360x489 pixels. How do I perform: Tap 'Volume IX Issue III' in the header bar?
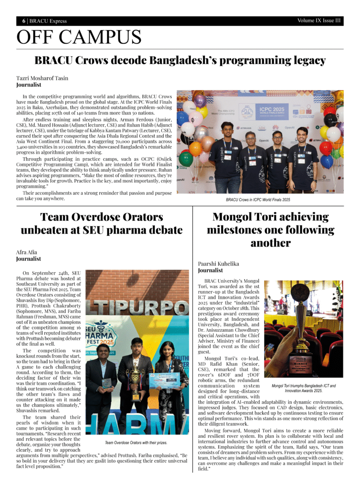coord(318,21)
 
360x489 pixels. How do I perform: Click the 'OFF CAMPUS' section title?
coord(79,37)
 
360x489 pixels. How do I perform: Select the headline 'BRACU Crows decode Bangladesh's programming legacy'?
coord(180,61)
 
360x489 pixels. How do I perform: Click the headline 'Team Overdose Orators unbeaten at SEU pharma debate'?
coord(102,223)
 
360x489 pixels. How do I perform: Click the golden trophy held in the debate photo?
coord(136,382)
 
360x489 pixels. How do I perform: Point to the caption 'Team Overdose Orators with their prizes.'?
coord(136,443)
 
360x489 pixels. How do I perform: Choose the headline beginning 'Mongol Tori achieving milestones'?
coord(270,230)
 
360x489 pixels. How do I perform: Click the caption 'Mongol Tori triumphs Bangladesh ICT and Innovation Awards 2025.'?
coord(303,388)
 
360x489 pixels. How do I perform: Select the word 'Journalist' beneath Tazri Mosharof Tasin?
coord(29,85)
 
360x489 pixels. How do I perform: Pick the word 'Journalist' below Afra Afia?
coord(29,259)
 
